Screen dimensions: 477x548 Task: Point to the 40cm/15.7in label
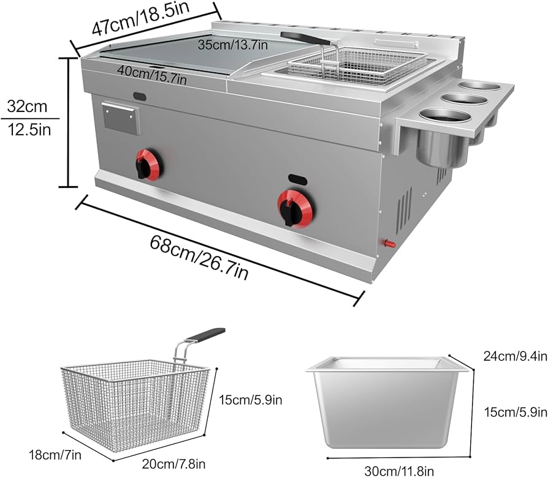click(x=153, y=72)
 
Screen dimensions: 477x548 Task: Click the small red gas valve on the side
click(x=389, y=244)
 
